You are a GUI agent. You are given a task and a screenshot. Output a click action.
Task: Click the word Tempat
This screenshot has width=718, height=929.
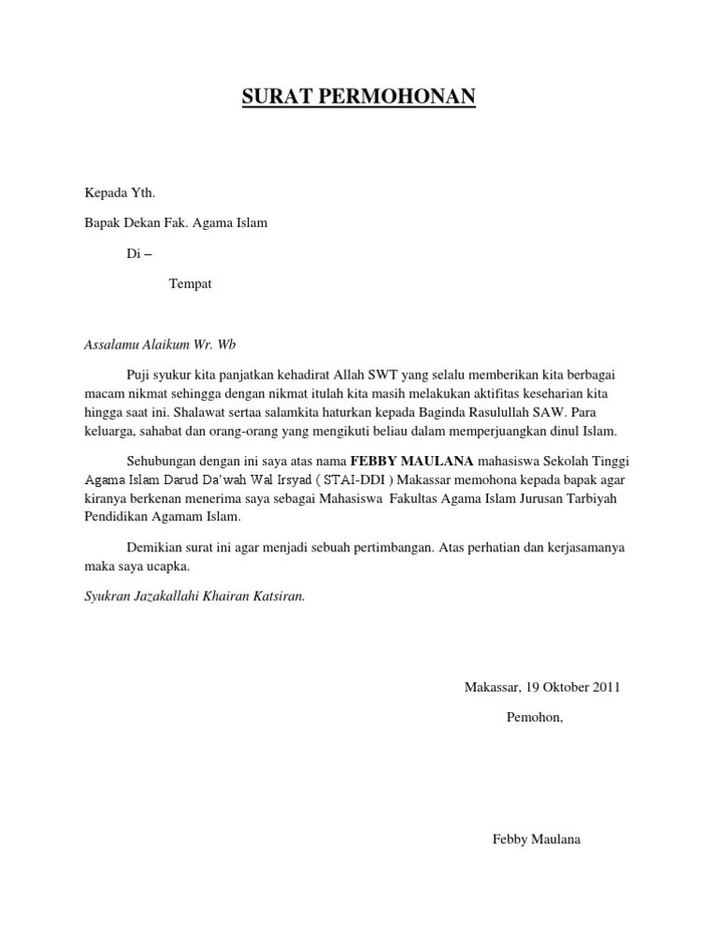point(190,283)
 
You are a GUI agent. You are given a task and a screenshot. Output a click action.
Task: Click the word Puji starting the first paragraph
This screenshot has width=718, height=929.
point(138,374)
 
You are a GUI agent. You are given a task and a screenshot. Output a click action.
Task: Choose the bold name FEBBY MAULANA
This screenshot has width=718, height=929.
point(411,460)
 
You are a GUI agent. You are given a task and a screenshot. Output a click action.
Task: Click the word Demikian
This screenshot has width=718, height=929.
point(153,547)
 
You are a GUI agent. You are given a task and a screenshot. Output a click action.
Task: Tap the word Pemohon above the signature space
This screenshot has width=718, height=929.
point(534,717)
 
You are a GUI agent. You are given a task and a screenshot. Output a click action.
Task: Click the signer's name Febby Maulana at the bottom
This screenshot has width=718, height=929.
point(536,838)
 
